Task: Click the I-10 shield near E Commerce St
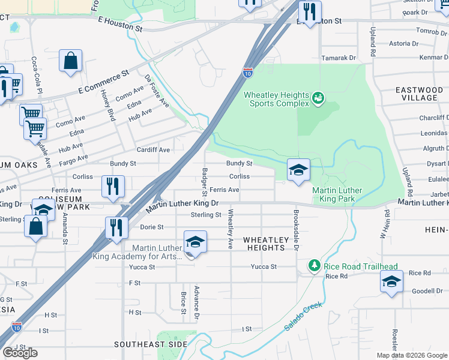pyautogui.click(x=248, y=73)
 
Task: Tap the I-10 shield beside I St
pyautogui.click(x=17, y=326)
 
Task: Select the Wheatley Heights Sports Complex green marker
pyautogui.click(x=319, y=97)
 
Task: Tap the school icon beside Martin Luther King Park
pyautogui.click(x=298, y=170)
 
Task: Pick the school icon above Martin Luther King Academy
pyautogui.click(x=195, y=242)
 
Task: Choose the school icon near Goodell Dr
pyautogui.click(x=391, y=282)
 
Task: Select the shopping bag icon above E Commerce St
pyautogui.click(x=70, y=61)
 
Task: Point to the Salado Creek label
pyautogui.click(x=303, y=316)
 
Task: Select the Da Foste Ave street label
pyautogui.click(x=157, y=91)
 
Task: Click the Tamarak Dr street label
pyautogui.click(x=339, y=58)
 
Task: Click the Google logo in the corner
pyautogui.click(x=20, y=353)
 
